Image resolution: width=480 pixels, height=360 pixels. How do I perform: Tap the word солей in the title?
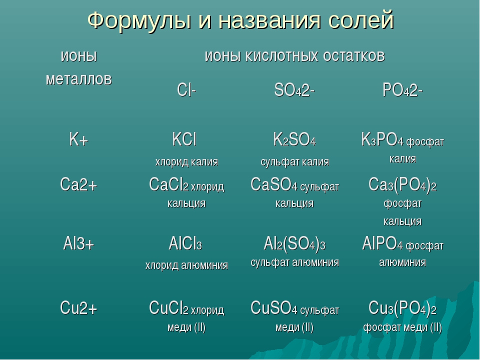(361, 20)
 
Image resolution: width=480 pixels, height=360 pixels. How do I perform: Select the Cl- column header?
(186, 90)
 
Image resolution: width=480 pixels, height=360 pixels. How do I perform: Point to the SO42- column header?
(294, 90)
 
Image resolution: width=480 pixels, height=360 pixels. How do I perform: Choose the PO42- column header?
(402, 90)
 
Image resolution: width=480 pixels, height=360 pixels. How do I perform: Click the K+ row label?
(78, 139)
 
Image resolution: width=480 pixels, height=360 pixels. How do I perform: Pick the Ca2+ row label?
(78, 184)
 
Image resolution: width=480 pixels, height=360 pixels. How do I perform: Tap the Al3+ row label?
(78, 243)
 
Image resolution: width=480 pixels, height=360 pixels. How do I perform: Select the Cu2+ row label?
(78, 307)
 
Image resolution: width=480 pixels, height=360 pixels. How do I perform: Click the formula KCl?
(184, 139)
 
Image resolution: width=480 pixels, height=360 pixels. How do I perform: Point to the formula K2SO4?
(294, 139)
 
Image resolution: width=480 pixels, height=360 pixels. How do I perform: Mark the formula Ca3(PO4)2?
(402, 185)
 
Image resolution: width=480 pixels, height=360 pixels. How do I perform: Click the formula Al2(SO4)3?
(294, 244)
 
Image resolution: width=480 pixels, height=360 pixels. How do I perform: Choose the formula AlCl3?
(185, 244)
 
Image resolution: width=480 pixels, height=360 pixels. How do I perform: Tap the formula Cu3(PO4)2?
(402, 308)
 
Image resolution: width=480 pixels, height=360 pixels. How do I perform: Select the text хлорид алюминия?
(186, 265)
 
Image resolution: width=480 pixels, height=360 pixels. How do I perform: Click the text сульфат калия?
(295, 162)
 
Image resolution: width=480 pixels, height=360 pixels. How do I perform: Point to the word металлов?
(79, 79)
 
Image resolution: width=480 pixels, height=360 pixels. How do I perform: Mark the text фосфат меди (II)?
(402, 327)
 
